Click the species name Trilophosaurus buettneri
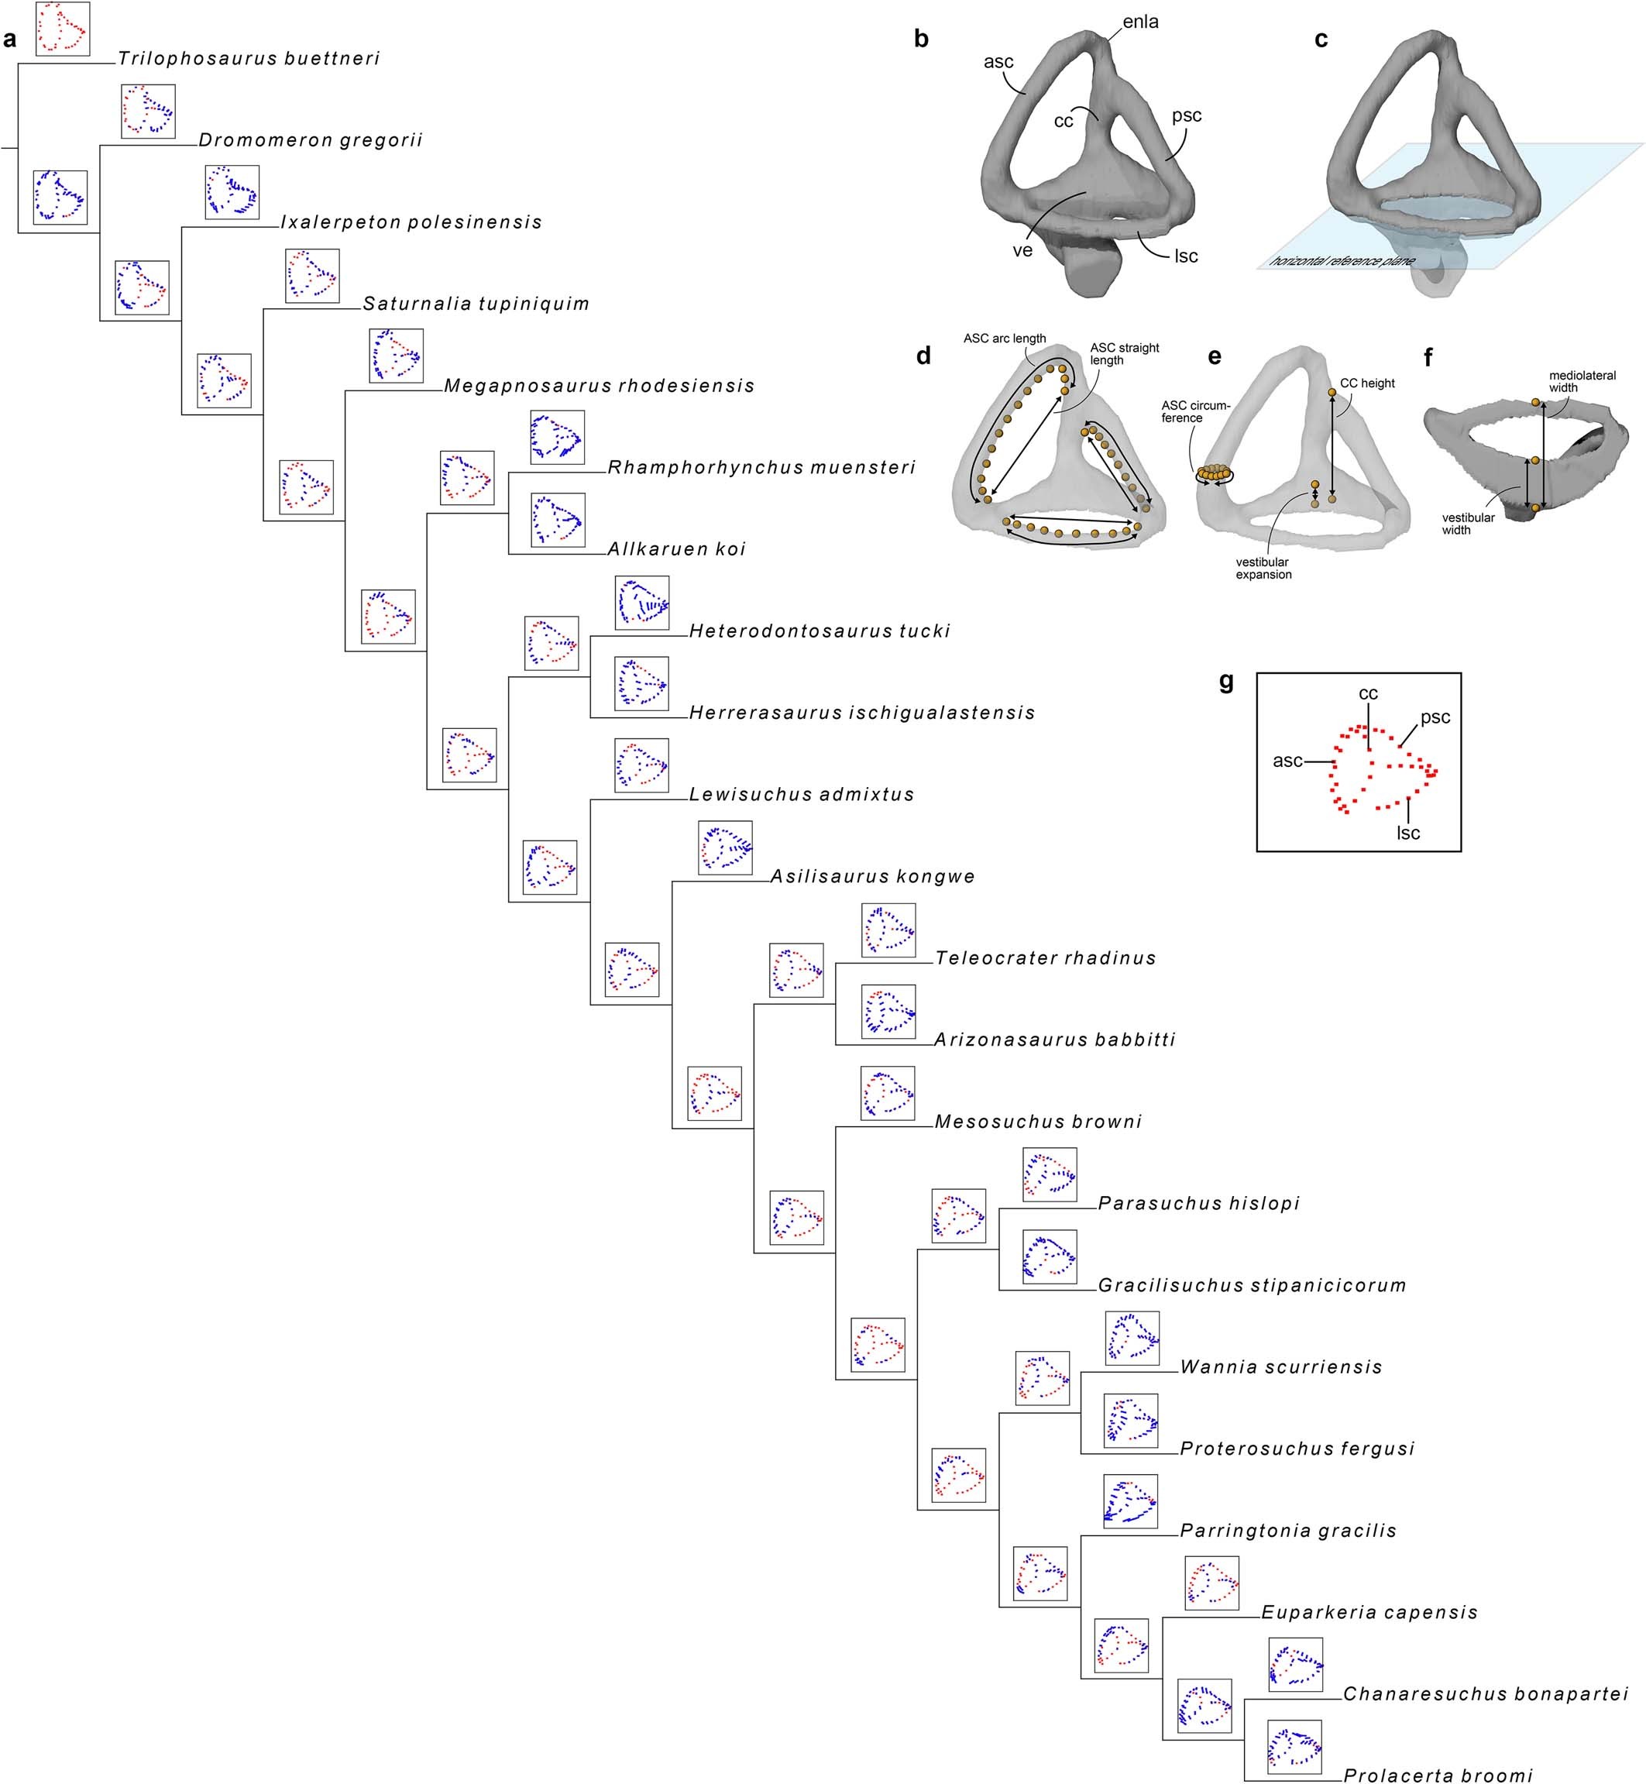click(249, 59)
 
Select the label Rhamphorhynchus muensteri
click(761, 468)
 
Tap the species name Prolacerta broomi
click(1438, 1775)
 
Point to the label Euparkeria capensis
click(1369, 1612)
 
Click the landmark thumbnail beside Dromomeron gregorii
click(148, 112)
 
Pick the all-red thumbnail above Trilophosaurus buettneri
click(62, 29)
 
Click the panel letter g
click(1225, 682)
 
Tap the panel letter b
click(921, 40)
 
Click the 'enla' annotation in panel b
click(1140, 22)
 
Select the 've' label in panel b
click(1022, 251)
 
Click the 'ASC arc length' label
click(1004, 339)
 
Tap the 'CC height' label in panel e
click(1367, 383)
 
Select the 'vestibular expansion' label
click(1263, 569)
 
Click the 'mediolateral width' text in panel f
click(1582, 381)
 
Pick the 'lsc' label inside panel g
click(1408, 833)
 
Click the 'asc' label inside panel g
click(1287, 761)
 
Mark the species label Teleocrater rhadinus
click(1046, 958)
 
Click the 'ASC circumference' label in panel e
click(1194, 411)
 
